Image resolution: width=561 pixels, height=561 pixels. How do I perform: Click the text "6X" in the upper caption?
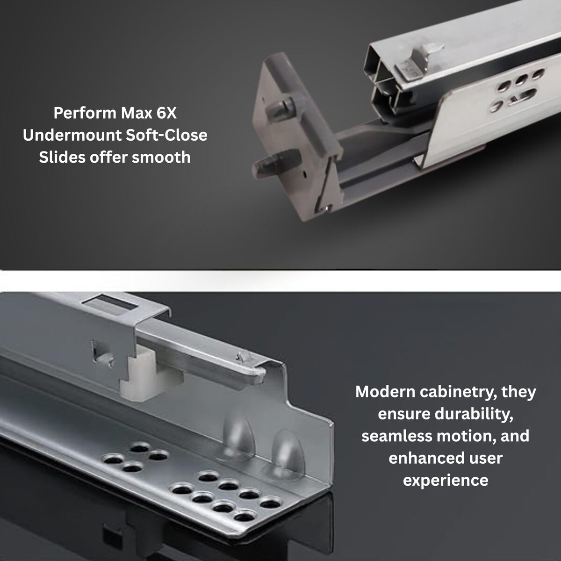(166, 113)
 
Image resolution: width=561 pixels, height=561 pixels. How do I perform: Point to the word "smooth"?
(161, 157)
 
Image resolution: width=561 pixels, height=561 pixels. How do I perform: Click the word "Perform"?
(85, 113)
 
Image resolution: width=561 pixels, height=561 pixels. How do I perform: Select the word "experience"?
(446, 481)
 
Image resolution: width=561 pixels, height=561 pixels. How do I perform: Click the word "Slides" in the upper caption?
(62, 157)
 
